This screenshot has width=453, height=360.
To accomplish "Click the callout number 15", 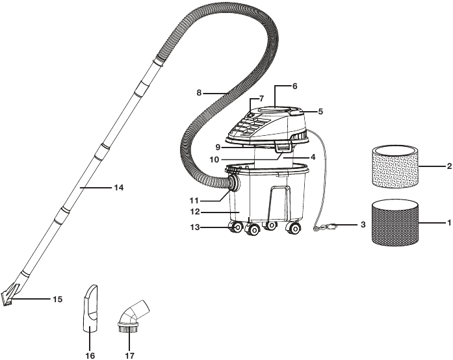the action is [58, 300].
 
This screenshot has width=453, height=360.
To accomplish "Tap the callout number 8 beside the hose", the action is [199, 93].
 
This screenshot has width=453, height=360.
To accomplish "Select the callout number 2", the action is [449, 166].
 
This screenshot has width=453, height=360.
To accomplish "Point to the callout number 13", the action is [195, 227].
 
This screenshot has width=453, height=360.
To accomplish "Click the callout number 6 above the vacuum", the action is [294, 86].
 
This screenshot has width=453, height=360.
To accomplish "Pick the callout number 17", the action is [130, 355].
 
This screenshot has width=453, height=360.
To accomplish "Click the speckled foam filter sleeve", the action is [395, 167].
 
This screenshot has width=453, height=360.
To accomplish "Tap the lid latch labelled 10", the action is [283, 148].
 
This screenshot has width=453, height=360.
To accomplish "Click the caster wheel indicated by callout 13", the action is [236, 227].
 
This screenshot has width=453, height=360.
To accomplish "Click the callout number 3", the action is [363, 224].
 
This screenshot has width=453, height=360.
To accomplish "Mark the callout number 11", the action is [194, 200].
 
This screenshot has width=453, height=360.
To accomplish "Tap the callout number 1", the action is [449, 222].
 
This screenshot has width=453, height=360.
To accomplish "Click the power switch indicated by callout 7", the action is [251, 115].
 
